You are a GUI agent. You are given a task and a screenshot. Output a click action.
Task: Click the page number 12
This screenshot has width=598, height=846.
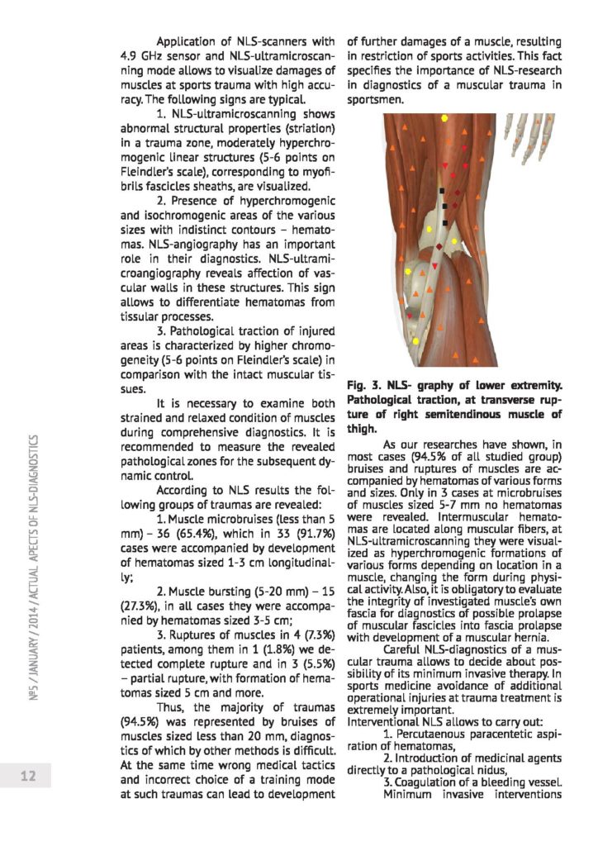pos(26,777)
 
